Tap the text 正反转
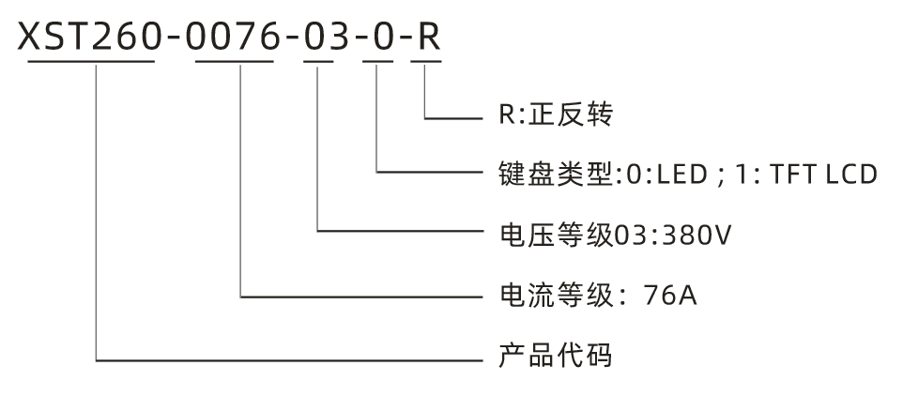(570, 116)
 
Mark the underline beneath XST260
(91, 63)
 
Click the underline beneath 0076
(234, 63)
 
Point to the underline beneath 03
(319, 63)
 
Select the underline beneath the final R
(425, 63)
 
